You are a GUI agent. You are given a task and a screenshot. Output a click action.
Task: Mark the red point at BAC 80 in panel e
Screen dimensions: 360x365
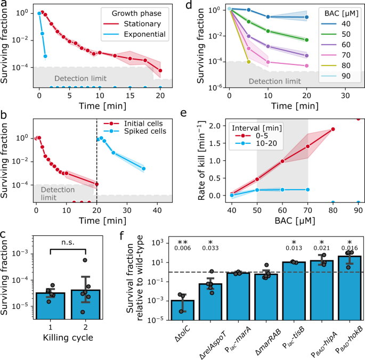click(333, 129)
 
